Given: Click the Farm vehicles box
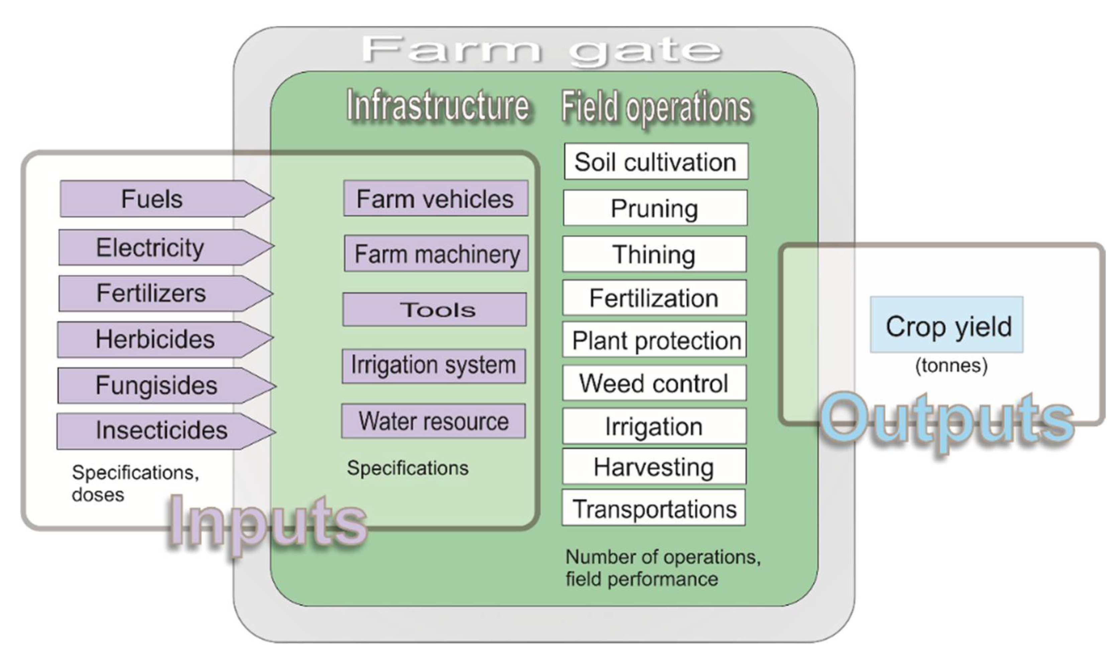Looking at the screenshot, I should pyautogui.click(x=436, y=199).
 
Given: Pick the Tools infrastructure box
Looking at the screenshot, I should pyautogui.click(x=435, y=309).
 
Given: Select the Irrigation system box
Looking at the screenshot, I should pyautogui.click(x=434, y=366).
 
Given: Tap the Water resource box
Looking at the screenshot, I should pyautogui.click(x=433, y=421).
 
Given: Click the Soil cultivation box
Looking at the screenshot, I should pyautogui.click(x=656, y=161).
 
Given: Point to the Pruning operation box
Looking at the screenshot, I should pyautogui.click(x=655, y=208).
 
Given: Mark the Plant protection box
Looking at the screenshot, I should pyautogui.click(x=654, y=341).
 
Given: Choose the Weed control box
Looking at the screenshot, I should pyautogui.click(x=654, y=383).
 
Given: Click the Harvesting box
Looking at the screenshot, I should pyautogui.click(x=654, y=467).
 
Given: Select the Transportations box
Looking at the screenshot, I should pyautogui.click(x=654, y=508).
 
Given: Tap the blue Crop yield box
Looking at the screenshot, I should pyautogui.click(x=947, y=325).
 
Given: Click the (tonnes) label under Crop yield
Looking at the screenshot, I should pyautogui.click(x=951, y=366).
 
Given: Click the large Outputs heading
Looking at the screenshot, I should pyautogui.click(x=947, y=419).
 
